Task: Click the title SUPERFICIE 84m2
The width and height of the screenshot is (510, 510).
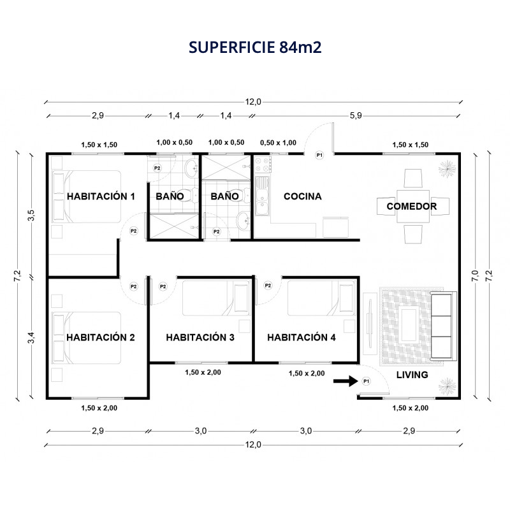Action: click(255, 47)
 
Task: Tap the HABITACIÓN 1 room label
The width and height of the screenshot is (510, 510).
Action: click(101, 196)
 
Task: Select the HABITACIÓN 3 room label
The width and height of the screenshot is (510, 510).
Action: click(200, 337)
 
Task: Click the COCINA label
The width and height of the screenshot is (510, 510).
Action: click(302, 196)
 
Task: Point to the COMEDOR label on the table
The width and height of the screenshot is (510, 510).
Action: click(411, 206)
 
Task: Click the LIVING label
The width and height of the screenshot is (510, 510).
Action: click(412, 375)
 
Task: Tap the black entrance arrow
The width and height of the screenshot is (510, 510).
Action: click(346, 381)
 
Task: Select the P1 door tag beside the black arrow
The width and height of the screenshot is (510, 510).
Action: click(366, 381)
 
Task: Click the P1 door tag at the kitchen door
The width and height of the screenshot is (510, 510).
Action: click(319, 155)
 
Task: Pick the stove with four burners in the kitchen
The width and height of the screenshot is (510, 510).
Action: click(263, 164)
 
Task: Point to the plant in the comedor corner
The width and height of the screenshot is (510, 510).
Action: click(448, 169)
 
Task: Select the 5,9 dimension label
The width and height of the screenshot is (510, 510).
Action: click(356, 115)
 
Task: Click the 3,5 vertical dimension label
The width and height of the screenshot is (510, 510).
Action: click(31, 215)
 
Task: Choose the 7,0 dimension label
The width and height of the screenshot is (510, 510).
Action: click(475, 276)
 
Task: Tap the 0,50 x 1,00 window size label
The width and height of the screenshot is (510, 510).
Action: click(278, 142)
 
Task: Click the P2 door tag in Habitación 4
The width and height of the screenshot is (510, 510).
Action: click(268, 286)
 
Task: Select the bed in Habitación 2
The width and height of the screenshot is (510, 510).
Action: click(86, 338)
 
